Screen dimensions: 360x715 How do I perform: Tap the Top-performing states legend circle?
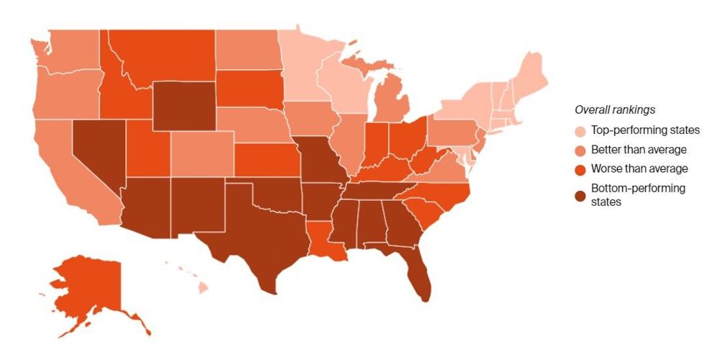(x=580, y=130)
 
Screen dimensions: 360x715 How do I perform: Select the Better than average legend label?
(x=638, y=150)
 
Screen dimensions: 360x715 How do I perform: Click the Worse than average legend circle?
(x=580, y=169)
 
